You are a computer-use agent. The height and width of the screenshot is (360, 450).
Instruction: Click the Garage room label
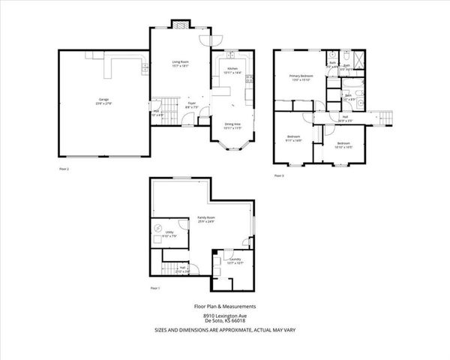point(102,101)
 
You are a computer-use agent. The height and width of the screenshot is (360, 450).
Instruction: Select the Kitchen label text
point(232,70)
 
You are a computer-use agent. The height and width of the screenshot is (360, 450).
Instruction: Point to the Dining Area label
point(233,126)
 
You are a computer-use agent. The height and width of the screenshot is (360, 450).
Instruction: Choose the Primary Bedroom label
point(301,77)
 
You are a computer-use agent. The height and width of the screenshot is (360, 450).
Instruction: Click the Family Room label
point(206,220)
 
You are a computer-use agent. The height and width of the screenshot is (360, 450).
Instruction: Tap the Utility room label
point(170,234)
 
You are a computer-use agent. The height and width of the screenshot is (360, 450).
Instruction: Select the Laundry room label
point(235,261)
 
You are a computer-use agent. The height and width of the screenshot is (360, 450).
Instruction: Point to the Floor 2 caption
point(64,169)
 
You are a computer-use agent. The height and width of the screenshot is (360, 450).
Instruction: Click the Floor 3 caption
point(278,175)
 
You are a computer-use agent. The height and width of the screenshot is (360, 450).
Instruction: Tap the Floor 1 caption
point(155,288)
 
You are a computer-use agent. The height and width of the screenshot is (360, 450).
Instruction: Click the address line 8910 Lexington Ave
point(226,316)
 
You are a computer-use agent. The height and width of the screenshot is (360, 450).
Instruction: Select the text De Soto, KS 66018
point(226,321)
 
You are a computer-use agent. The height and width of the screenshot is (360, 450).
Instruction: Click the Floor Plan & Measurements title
point(226,306)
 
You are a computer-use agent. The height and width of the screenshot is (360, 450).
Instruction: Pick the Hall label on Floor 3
point(346,118)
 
